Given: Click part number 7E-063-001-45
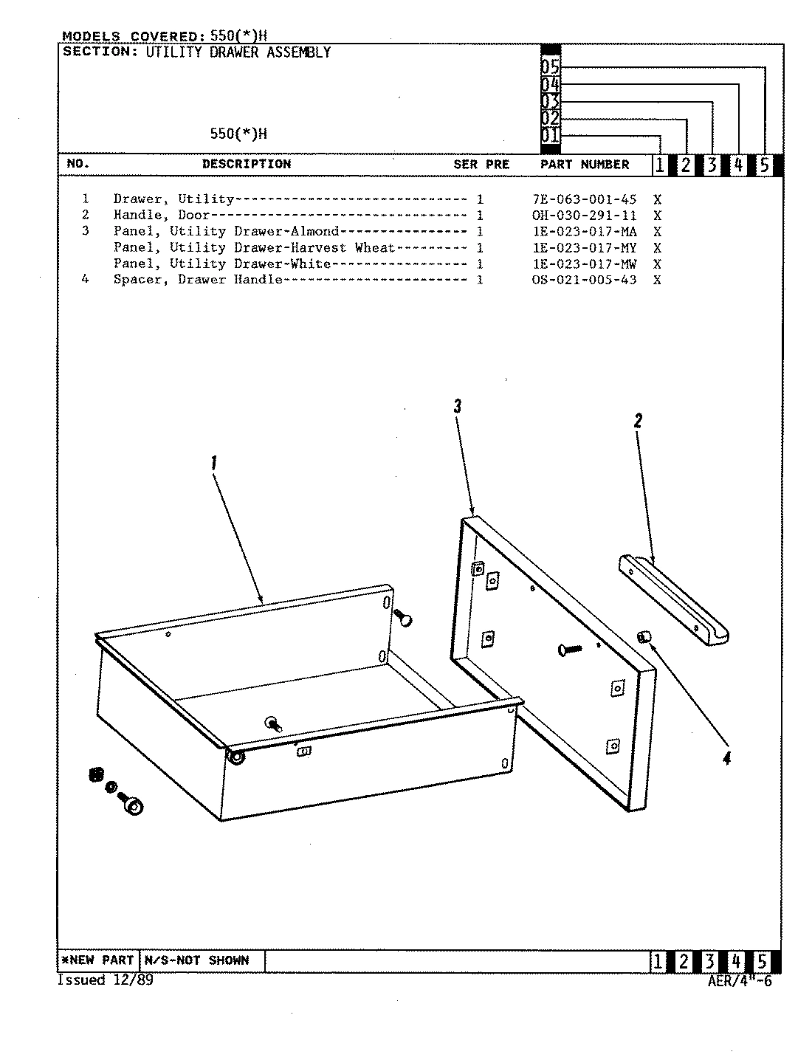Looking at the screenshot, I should tap(584, 199).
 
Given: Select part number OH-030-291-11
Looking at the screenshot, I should tap(584, 216).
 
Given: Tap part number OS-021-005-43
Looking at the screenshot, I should tap(584, 280).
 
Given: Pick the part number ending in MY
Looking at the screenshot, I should tap(584, 248).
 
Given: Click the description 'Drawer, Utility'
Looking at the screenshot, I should tap(173, 199).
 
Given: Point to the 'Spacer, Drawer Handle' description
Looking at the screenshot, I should tap(197, 280).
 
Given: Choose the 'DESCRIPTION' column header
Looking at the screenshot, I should tap(247, 164).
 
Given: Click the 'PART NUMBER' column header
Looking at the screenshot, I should tap(585, 165).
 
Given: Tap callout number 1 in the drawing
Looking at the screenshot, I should tap(214, 463).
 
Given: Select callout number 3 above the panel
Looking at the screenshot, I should tap(458, 406).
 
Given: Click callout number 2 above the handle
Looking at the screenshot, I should tap(638, 421).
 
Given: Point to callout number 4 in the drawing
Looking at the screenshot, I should tap(726, 758).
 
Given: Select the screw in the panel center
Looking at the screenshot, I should tap(570, 649).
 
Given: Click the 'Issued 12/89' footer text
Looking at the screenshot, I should tap(105, 980).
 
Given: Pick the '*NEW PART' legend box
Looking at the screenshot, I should tap(97, 960).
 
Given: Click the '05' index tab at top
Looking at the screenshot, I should tap(550, 67).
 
